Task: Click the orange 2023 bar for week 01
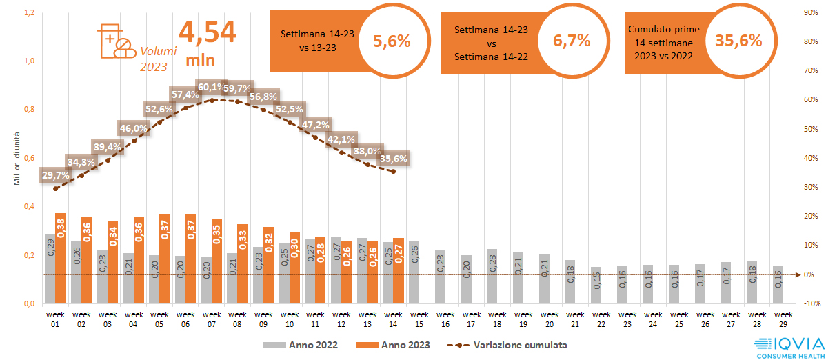click(x=61, y=259)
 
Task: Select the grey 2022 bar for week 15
click(x=414, y=272)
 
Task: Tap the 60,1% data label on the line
click(x=211, y=87)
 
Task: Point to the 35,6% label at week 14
click(x=393, y=158)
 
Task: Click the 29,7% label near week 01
click(x=56, y=175)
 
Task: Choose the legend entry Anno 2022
click(x=301, y=344)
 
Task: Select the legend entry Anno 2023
click(x=391, y=344)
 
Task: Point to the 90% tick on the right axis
click(x=812, y=12)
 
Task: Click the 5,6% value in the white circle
click(x=392, y=41)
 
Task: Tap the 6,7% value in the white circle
click(x=572, y=41)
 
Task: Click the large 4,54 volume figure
click(x=207, y=32)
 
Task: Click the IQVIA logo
click(x=787, y=346)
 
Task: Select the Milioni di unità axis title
click(x=17, y=159)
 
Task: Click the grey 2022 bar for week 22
click(x=596, y=286)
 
